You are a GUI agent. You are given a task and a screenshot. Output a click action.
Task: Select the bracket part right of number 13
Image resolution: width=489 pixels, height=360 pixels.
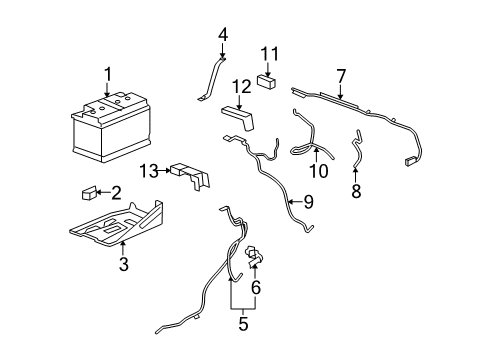pos(193,178)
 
